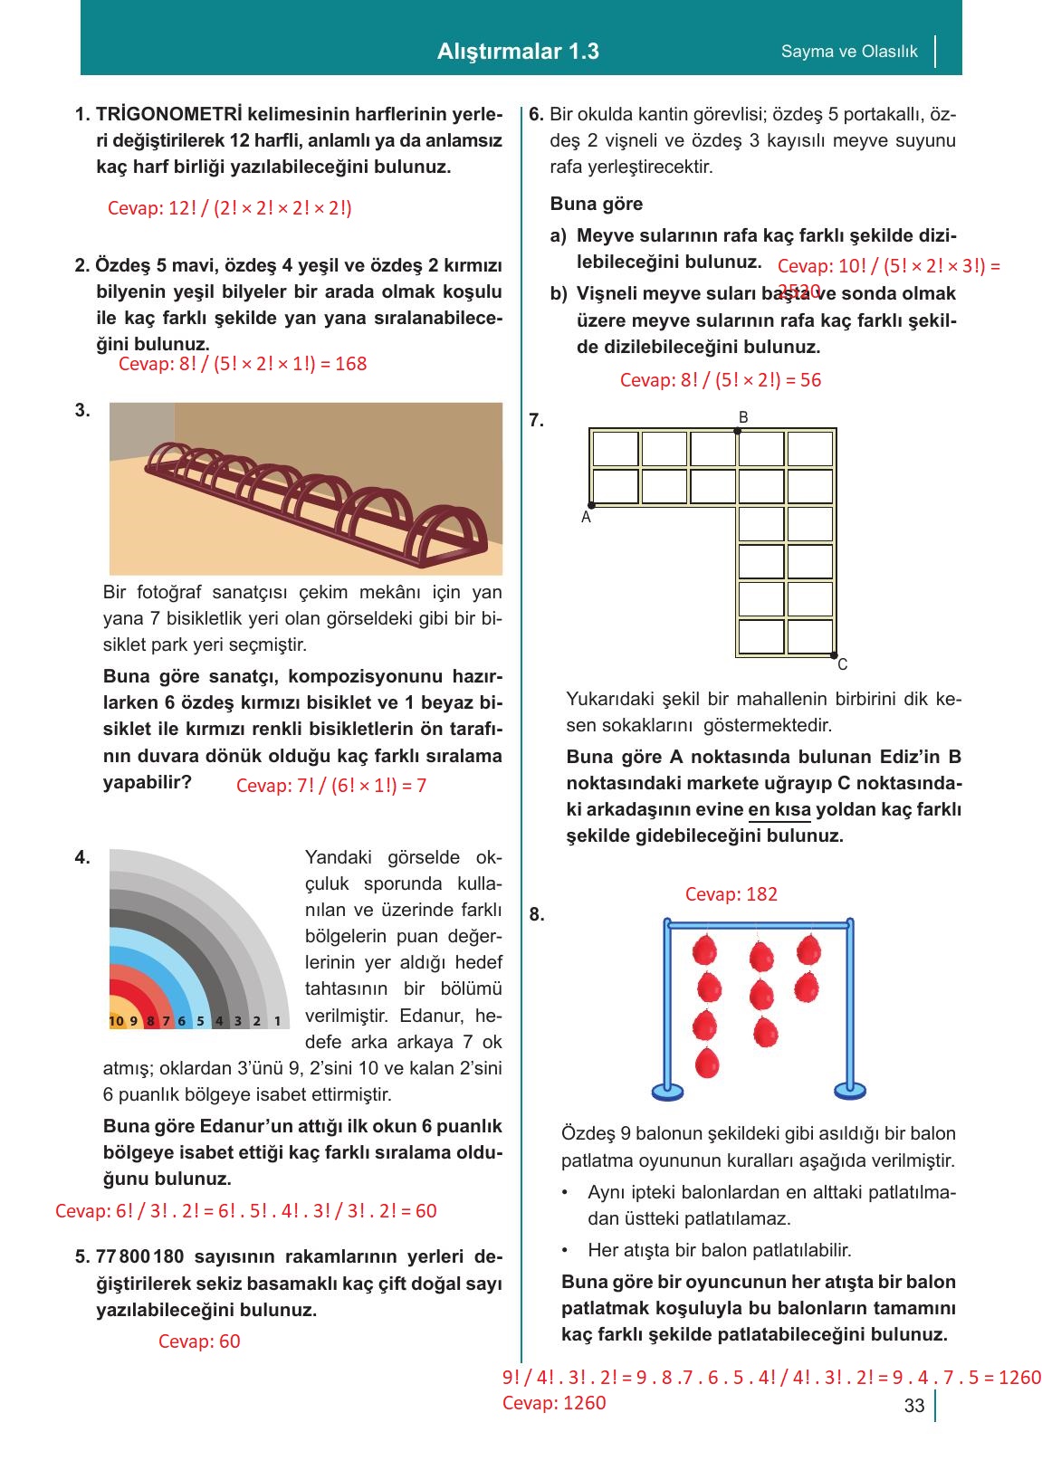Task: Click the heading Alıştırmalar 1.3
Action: [x=518, y=52]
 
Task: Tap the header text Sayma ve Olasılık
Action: [x=848, y=52]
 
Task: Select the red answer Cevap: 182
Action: [x=731, y=894]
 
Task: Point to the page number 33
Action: [x=913, y=1406]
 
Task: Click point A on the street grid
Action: [x=591, y=505]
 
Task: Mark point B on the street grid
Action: [x=738, y=431]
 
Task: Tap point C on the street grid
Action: [x=833, y=654]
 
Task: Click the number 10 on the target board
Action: [x=116, y=1021]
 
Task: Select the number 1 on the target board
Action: [x=278, y=1021]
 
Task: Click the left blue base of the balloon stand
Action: [x=668, y=1090]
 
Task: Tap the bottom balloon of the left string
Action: [x=705, y=1063]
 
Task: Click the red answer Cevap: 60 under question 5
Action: [x=199, y=1341]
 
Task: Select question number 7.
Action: [x=536, y=420]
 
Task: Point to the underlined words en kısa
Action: [x=779, y=809]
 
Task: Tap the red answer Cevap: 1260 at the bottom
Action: [x=554, y=1403]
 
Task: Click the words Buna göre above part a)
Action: [x=596, y=204]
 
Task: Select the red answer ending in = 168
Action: [x=243, y=364]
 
